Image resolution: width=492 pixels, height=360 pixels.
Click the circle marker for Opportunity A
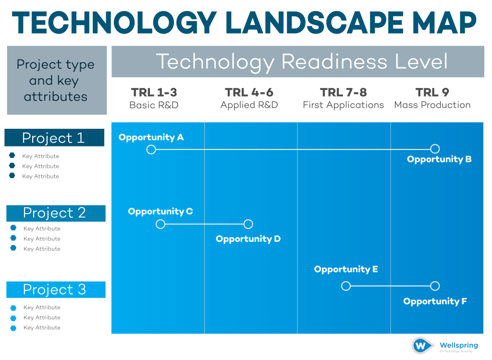point(151,149)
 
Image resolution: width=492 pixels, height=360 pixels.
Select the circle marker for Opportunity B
point(435,149)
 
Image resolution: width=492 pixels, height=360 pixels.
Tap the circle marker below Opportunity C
point(160,224)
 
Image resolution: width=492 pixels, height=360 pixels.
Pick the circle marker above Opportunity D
point(248,224)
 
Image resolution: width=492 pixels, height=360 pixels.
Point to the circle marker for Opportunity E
point(345,286)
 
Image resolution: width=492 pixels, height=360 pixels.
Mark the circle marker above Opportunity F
point(435,286)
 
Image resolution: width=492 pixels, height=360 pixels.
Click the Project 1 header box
point(54,138)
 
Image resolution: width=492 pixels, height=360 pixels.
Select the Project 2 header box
point(56,213)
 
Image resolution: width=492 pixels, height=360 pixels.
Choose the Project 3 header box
point(56,289)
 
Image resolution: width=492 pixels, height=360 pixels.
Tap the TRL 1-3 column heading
point(154,92)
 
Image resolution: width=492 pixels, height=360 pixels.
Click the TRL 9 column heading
point(432,92)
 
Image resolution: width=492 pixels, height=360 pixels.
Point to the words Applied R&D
point(249,105)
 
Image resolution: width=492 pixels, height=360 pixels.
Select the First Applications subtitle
point(343,105)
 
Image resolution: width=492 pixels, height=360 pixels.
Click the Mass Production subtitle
point(432,105)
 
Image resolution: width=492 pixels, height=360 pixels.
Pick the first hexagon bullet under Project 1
point(12,156)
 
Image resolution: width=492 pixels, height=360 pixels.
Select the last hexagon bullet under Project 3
point(13,328)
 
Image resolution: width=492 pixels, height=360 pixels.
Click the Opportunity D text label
point(248,239)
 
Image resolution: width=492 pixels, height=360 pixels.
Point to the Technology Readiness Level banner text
point(302,62)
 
